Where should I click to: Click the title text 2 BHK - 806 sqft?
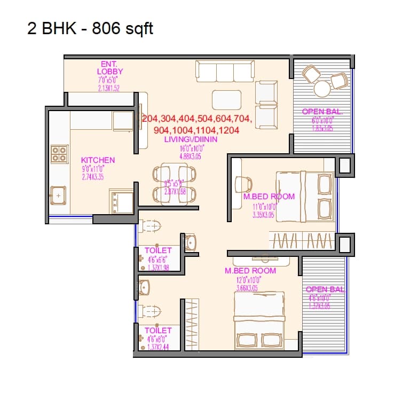[90, 28]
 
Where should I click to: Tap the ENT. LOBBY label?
[110, 68]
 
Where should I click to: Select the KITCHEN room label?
[98, 160]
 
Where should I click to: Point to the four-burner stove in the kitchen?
[59, 154]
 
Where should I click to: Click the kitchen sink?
[58, 195]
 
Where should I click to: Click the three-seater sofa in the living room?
[224, 70]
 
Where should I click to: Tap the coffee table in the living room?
[226, 99]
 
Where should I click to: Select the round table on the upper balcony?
[322, 88]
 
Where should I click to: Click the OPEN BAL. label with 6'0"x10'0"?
[322, 112]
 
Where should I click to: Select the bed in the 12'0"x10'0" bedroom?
[259, 317]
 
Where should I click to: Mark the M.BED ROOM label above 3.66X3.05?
[250, 271]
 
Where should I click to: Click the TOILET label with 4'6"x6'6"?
[159, 250]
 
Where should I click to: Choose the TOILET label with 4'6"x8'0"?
[159, 331]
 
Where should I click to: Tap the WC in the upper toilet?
[151, 226]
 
